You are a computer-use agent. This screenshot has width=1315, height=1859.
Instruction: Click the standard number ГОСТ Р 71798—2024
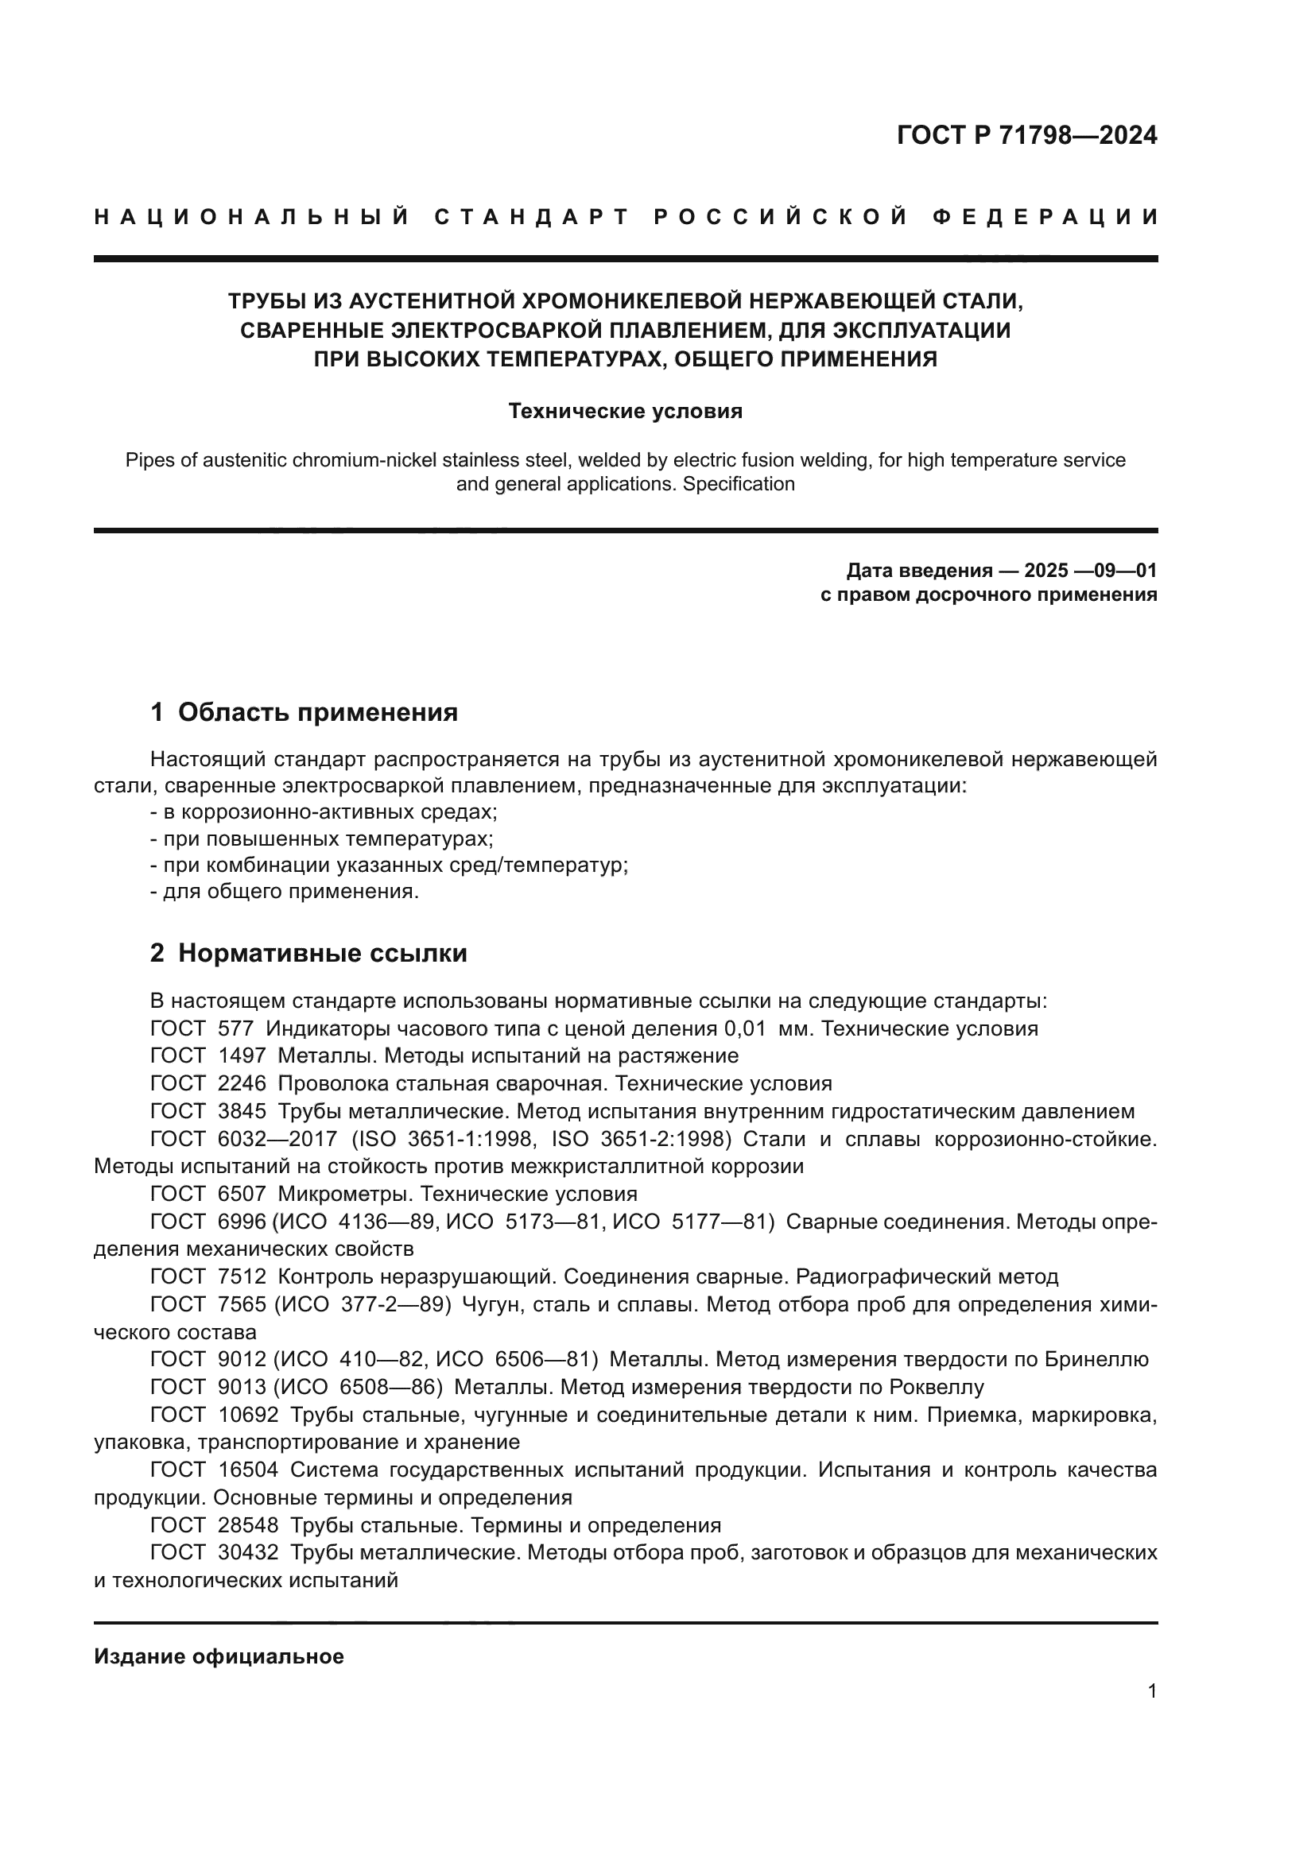click(1026, 135)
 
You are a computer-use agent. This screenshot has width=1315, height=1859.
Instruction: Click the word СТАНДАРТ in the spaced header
click(531, 217)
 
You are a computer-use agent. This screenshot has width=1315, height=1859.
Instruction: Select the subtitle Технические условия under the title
click(625, 412)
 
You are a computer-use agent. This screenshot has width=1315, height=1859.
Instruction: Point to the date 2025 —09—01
click(1090, 571)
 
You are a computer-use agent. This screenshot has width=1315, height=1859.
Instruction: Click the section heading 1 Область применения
click(304, 712)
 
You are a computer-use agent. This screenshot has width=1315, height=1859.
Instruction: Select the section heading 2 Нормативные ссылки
click(308, 953)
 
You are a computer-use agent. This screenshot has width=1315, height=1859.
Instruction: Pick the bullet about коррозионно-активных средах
click(324, 812)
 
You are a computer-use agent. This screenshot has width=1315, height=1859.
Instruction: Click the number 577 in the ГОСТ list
click(235, 1029)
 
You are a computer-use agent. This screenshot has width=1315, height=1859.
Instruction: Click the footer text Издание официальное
click(219, 1656)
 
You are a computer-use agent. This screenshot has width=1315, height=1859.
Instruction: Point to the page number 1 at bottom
click(1152, 1691)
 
